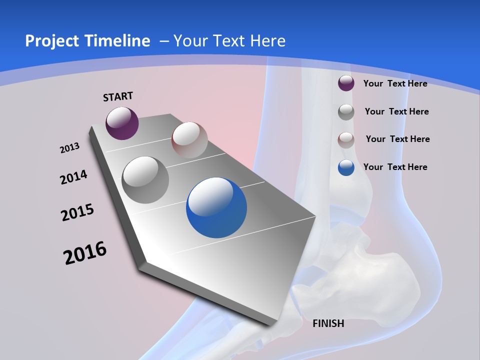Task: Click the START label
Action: coord(118,96)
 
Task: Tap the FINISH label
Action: coord(328,323)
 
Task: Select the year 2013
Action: coord(69,148)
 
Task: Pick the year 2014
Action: coord(73,177)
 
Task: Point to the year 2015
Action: coord(77,212)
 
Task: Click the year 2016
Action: coord(85,253)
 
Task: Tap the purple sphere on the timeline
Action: coord(122,123)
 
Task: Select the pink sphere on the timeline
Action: coord(189,140)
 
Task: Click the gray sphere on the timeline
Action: coord(145,180)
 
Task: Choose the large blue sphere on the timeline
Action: coord(216,207)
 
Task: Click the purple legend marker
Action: coord(346,83)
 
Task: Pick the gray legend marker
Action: coord(346,111)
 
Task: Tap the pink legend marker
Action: coord(346,139)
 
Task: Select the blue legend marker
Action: coord(346,167)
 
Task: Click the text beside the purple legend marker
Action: coord(395,83)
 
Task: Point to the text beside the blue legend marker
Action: coord(395,167)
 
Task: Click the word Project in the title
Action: coord(51,41)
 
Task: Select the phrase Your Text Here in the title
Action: coord(229,41)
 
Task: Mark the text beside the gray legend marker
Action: coord(396,111)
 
